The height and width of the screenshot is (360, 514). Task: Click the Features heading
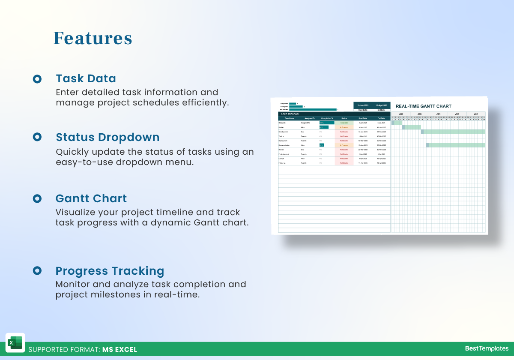[x=93, y=38]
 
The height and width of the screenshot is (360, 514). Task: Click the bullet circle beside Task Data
[x=37, y=79]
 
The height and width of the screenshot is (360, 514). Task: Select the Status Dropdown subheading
[x=108, y=137]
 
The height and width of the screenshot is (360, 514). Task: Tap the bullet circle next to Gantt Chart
[x=37, y=198]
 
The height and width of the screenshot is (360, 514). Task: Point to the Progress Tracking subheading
[x=110, y=271]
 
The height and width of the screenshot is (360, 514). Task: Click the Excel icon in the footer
[x=15, y=343]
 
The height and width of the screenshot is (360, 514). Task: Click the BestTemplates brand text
[x=487, y=348]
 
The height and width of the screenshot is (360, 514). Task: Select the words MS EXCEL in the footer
[x=120, y=349]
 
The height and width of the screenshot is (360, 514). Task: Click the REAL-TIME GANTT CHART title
[x=423, y=106]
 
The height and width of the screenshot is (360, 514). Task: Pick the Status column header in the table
[x=344, y=118]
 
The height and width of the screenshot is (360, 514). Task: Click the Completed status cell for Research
[x=344, y=123]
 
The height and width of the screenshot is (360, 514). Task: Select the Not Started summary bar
[x=313, y=109]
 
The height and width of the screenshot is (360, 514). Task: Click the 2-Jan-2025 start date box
[x=362, y=105]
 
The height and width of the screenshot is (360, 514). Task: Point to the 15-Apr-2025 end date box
[x=381, y=105]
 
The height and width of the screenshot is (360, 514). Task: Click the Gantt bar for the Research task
[x=397, y=123]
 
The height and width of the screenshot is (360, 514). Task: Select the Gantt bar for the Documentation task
[x=456, y=145]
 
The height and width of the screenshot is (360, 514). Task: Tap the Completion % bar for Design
[x=324, y=127]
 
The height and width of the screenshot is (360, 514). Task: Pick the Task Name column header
[x=289, y=118]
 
